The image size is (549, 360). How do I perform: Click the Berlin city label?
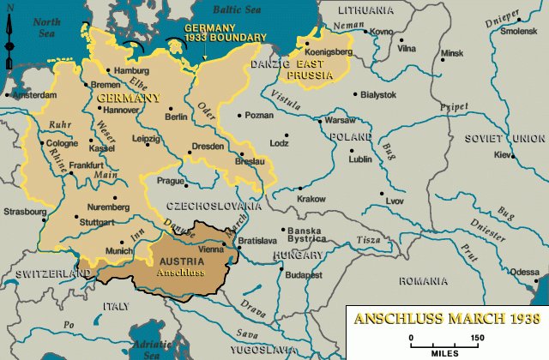(177, 117)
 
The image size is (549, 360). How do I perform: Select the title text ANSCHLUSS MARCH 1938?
(448, 319)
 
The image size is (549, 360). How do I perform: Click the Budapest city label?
(304, 275)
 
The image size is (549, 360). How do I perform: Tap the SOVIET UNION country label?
(505, 138)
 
